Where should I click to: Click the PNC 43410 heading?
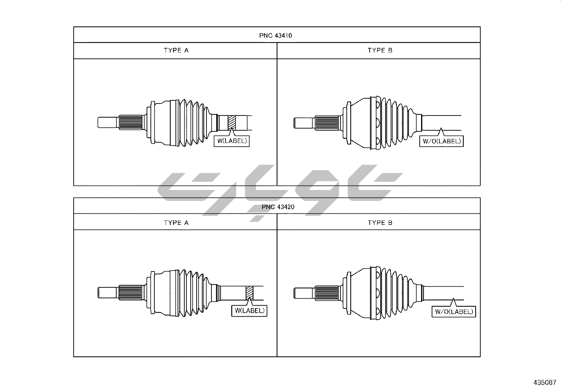point(276,36)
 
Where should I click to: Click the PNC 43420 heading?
point(278,207)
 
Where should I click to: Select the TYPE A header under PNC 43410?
point(176,50)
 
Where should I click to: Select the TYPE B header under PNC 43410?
point(380,50)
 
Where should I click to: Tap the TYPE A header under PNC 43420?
point(176,223)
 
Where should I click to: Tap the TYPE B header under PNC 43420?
point(380,223)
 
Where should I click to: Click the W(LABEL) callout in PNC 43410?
point(232,141)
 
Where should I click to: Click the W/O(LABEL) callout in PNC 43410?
point(442,141)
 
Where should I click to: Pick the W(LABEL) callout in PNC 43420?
point(249,311)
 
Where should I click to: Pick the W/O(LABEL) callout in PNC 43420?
point(454,312)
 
